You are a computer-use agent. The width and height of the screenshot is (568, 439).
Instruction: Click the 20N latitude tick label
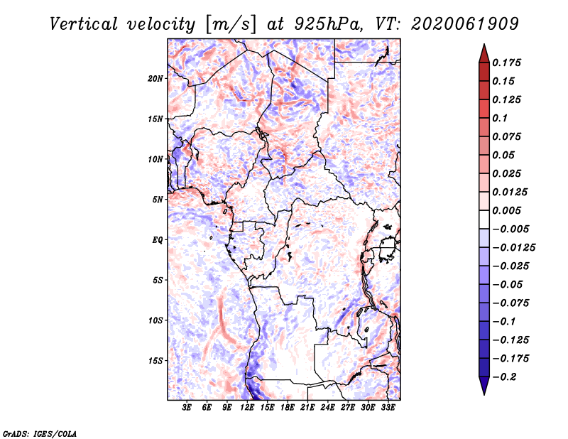(155, 79)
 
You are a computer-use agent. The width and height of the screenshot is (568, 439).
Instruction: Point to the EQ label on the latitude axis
(157, 240)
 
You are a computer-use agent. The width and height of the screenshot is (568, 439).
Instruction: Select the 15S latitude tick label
(155, 361)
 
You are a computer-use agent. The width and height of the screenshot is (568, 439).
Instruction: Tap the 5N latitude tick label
(158, 200)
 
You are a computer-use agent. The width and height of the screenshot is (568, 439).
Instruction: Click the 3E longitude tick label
(187, 408)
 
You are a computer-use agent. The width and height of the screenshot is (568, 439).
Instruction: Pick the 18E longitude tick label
(288, 408)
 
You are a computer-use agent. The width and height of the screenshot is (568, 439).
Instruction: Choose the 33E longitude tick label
(388, 408)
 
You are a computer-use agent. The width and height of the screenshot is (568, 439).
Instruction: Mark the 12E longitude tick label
(247, 408)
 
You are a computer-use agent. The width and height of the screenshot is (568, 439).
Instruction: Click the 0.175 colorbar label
(506, 63)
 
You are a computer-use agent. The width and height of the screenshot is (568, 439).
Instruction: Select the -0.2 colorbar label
(504, 377)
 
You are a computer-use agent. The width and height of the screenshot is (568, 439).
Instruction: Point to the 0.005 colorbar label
(506, 210)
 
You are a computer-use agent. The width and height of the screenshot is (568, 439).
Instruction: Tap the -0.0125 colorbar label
(513, 248)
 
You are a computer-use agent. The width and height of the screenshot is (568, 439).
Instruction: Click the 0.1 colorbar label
(500, 118)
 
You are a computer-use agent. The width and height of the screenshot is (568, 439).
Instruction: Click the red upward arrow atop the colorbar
(484, 53)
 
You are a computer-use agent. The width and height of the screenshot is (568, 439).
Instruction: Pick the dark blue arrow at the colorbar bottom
(484, 386)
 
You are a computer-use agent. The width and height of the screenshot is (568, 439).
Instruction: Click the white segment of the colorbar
(484, 220)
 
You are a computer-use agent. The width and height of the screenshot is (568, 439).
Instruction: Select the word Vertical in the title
(84, 24)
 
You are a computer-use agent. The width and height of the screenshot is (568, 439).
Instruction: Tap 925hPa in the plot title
(329, 24)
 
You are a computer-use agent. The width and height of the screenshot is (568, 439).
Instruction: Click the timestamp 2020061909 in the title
(465, 24)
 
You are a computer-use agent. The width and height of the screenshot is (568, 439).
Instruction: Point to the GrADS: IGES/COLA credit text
(40, 434)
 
